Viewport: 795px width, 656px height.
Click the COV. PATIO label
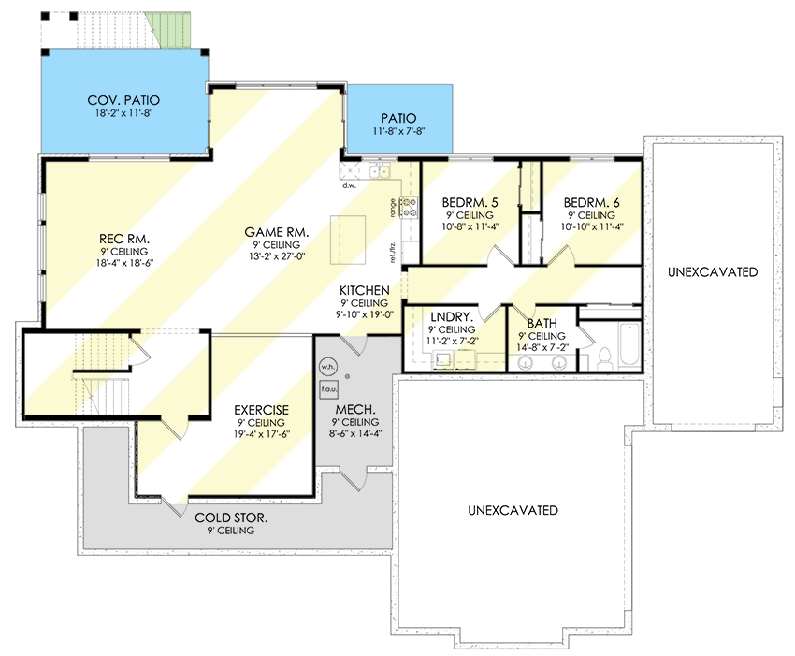(123, 100)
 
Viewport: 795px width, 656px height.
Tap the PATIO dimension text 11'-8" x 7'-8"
(397, 132)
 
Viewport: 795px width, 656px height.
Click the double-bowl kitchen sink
(381, 170)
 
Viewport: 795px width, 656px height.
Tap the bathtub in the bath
(628, 345)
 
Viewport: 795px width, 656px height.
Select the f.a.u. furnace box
(328, 386)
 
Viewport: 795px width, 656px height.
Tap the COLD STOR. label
(231, 518)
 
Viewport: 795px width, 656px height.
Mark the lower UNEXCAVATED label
(513, 510)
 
